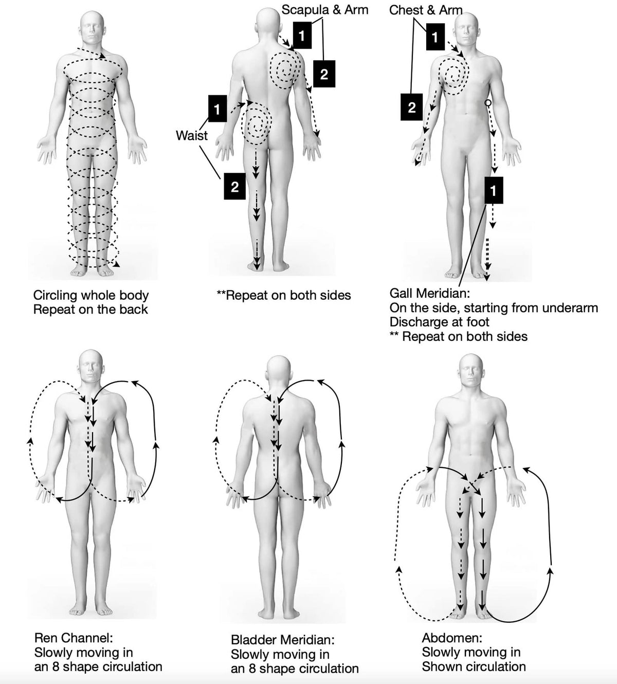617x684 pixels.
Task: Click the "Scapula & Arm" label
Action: (x=325, y=10)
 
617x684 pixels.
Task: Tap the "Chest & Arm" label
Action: (x=426, y=10)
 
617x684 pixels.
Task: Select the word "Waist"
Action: (x=192, y=135)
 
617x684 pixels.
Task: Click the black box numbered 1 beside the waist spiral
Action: (x=217, y=109)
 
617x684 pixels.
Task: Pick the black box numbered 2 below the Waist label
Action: (x=234, y=186)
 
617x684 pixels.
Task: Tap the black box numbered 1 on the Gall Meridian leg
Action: (x=493, y=191)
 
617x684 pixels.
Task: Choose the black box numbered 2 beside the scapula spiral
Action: (x=324, y=74)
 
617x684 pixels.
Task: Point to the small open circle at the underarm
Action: (x=488, y=103)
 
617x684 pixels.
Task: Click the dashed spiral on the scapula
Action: (x=284, y=70)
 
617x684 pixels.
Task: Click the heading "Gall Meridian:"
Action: (x=430, y=294)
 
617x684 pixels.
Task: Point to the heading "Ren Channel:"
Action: (x=73, y=638)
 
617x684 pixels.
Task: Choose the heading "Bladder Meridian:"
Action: (x=283, y=640)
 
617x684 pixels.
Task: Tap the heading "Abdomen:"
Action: (x=452, y=638)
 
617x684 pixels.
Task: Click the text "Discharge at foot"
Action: (x=439, y=322)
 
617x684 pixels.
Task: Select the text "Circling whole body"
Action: (x=91, y=295)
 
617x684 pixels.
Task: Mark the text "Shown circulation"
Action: (x=474, y=667)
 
